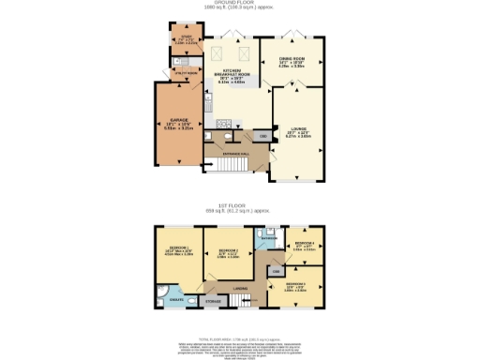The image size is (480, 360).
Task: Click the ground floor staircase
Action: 229,167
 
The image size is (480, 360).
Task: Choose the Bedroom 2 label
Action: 229,252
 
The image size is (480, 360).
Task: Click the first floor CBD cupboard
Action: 277,271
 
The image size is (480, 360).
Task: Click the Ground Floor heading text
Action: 240,4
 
